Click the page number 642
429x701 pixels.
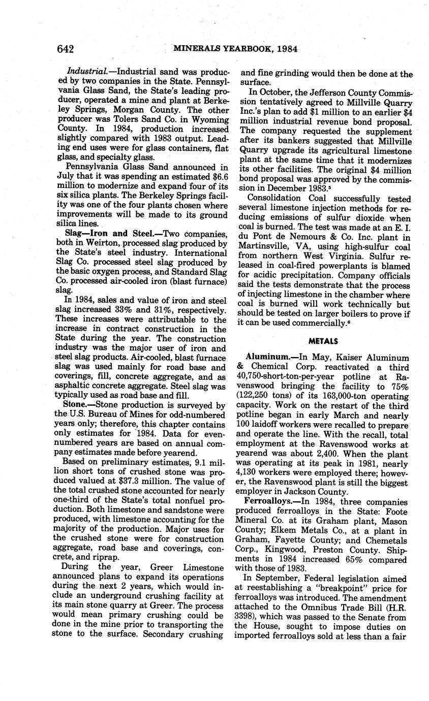(x=66, y=49)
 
